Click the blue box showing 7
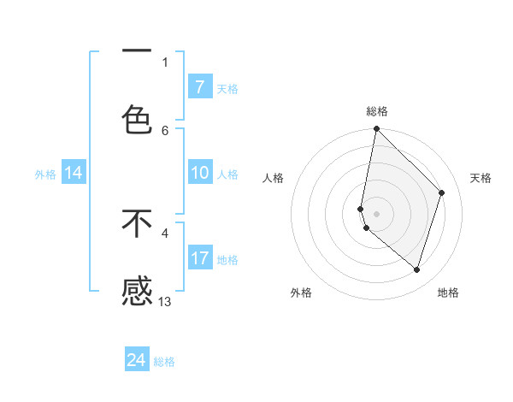(x=199, y=87)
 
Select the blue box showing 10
(x=199, y=174)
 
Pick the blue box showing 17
(x=199, y=258)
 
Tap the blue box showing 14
(x=74, y=174)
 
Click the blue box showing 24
(x=137, y=361)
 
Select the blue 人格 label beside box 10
(x=227, y=174)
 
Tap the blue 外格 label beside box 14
(x=45, y=174)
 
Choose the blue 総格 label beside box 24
(x=165, y=363)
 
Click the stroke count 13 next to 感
(x=165, y=301)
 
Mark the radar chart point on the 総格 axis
(x=376, y=128)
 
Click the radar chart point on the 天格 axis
(x=442, y=192)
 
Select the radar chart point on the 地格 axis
(x=417, y=270)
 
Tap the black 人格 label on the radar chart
(x=274, y=178)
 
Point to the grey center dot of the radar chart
(x=376, y=213)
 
